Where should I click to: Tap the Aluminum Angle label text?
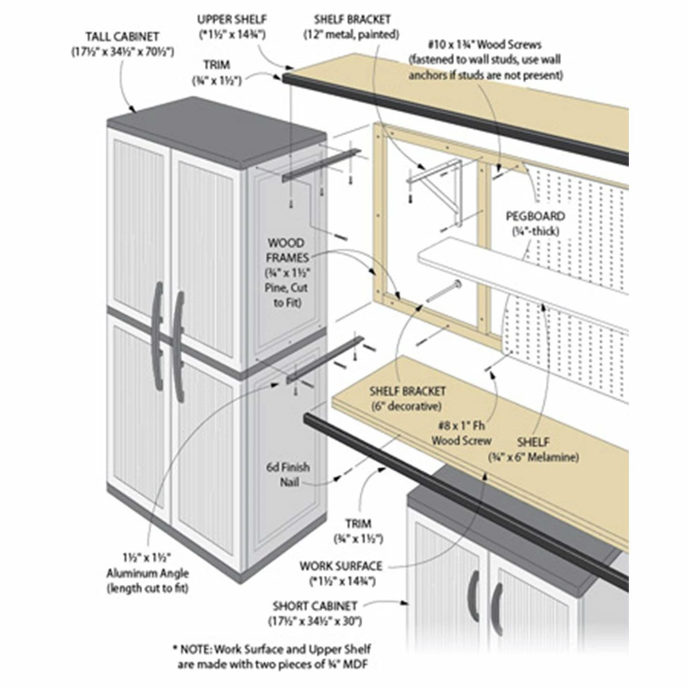147,573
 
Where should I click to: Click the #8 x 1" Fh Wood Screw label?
461,433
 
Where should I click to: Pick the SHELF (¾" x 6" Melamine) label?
533,449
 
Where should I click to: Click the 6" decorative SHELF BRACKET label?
406,398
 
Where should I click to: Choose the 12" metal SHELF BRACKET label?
351,27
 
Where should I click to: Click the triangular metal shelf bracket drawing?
444,183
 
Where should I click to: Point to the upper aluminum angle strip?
320,166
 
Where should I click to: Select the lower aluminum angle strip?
325,358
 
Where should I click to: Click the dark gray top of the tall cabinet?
218,129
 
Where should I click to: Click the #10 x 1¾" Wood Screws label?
485,60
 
